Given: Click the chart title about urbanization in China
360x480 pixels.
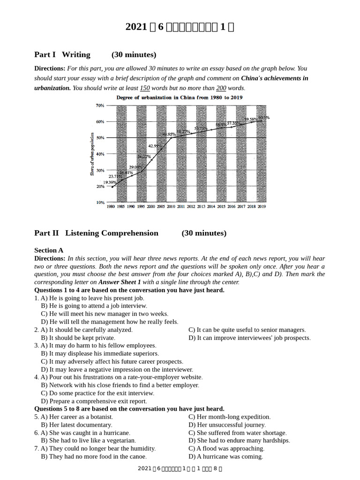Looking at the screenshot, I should click(x=180, y=97).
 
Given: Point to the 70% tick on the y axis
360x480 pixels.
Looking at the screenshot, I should click(x=100, y=105).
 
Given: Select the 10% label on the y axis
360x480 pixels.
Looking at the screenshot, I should click(x=100, y=202).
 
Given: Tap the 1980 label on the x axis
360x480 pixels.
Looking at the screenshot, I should click(x=111, y=207).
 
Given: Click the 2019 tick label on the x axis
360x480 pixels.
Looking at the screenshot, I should click(x=262, y=207).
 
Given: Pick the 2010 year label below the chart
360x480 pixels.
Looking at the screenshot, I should click(x=171, y=207).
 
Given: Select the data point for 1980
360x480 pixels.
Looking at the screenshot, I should click(x=112, y=187).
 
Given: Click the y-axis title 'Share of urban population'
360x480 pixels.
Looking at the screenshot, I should click(x=92, y=154).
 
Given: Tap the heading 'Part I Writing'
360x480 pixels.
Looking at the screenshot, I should click(x=62, y=55).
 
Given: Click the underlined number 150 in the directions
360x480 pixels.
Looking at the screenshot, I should click(x=145, y=88).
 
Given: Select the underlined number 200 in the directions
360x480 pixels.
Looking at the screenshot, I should click(x=221, y=88).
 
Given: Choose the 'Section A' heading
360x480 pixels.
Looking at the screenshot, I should click(x=49, y=250).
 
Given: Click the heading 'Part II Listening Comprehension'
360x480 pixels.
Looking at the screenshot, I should click(x=96, y=233).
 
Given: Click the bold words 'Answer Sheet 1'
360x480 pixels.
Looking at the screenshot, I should click(x=120, y=282).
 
